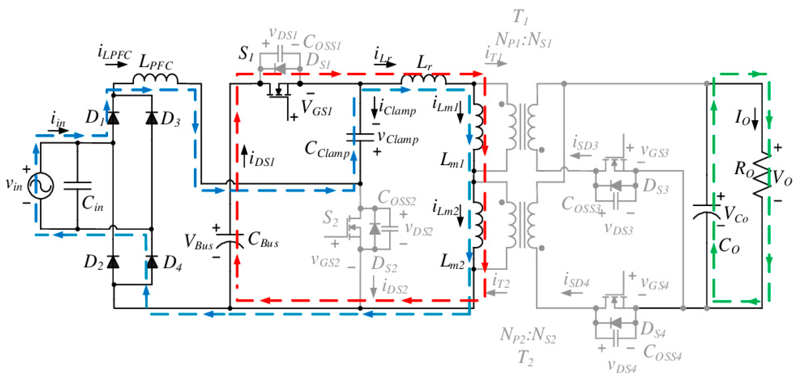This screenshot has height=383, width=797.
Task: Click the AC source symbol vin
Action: coord(41,186)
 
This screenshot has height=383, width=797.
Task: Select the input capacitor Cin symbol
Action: coord(77,186)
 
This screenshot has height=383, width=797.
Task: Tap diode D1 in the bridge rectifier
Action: coord(113,118)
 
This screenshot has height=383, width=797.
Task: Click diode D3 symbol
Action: coord(152,118)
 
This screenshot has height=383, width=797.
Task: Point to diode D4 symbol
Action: coord(152,262)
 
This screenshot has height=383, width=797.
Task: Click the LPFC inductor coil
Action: coord(155,79)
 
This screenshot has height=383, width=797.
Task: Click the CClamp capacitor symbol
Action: coord(360,137)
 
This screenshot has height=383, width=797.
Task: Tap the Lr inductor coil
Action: coord(424,80)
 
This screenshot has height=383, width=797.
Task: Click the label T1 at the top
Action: coord(520,17)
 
